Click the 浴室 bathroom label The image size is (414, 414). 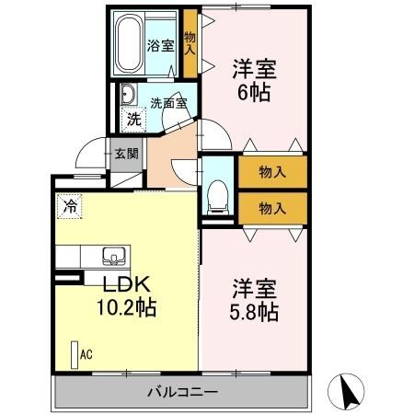click(162, 45)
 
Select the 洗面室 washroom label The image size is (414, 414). click(169, 103)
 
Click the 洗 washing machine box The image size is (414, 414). click(134, 118)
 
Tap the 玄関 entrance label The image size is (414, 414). click(126, 155)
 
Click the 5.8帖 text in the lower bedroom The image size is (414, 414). click(254, 311)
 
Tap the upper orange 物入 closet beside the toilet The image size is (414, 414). click(271, 171)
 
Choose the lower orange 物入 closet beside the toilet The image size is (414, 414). click(271, 207)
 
